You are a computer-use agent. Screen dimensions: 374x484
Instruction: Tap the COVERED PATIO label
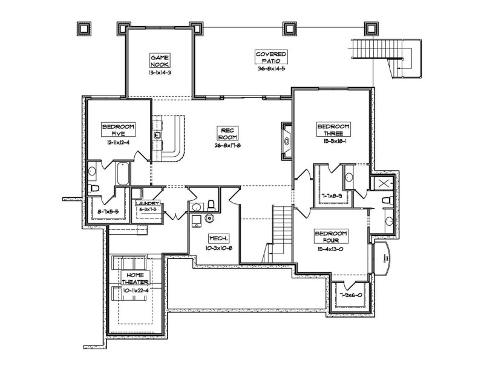click(x=270, y=57)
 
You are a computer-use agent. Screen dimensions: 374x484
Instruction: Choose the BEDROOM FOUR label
click(x=331, y=237)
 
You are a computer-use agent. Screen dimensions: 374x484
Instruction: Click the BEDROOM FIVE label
click(x=119, y=130)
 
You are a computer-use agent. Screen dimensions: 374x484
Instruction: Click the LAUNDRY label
click(x=148, y=204)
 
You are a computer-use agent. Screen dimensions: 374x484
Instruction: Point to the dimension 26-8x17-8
click(x=227, y=146)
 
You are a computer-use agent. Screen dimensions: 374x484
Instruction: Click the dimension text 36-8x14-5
click(x=270, y=69)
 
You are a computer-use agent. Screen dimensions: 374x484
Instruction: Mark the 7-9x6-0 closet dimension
click(x=350, y=295)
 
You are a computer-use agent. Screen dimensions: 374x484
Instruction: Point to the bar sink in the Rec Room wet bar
click(x=158, y=136)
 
